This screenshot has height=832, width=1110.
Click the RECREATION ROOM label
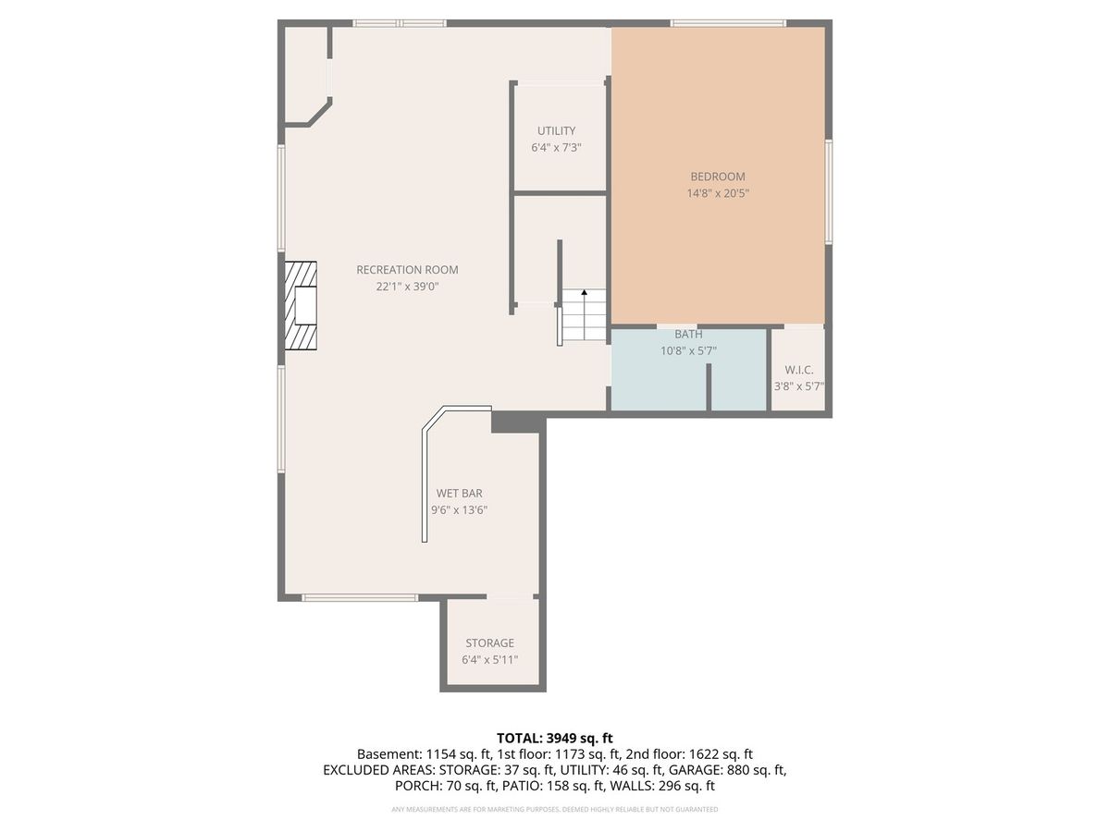point(407,270)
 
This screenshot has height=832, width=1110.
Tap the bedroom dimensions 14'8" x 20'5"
point(718,193)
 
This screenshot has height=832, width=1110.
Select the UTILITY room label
point(556,131)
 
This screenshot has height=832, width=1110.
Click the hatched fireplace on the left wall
point(301,306)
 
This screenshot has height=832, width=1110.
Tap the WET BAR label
point(459,493)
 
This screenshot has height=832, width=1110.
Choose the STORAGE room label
point(489,643)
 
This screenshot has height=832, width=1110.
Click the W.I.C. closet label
point(799,370)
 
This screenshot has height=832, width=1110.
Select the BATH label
point(688,335)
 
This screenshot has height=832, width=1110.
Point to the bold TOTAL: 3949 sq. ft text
point(555,739)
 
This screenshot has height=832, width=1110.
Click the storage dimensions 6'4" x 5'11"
point(489,660)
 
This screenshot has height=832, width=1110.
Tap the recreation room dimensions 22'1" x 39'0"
point(407,287)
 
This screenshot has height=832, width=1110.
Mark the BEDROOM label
point(718,177)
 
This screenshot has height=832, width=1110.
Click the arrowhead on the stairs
point(584,292)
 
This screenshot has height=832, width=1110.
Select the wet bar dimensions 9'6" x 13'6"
point(459,509)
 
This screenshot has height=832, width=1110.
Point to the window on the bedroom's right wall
point(828,192)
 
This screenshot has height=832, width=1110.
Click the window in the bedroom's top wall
point(728,23)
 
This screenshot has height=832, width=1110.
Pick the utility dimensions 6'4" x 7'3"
point(556,148)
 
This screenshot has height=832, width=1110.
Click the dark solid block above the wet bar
point(517,422)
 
